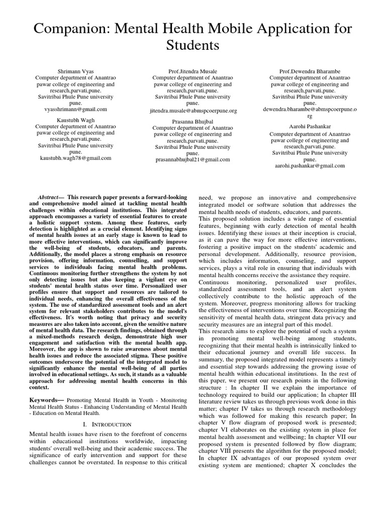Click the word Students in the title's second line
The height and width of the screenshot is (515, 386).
coord(193,46)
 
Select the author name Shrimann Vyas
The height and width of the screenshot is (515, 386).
coord(75,71)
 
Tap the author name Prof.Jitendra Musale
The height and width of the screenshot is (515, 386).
coord(193,71)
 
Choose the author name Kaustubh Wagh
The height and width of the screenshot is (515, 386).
coord(75,120)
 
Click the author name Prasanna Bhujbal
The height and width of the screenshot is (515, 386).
coord(193,121)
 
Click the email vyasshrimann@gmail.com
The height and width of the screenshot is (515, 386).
coord(75,109)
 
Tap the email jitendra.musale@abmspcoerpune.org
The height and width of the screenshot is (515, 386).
coord(193,110)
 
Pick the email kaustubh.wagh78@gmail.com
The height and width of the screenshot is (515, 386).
coord(75,157)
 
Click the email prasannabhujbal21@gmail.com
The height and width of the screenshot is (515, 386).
coord(193,159)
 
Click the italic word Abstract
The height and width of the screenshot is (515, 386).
coord(49,197)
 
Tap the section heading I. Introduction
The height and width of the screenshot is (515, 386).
coord(107,424)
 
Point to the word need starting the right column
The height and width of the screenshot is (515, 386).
coord(207,198)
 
